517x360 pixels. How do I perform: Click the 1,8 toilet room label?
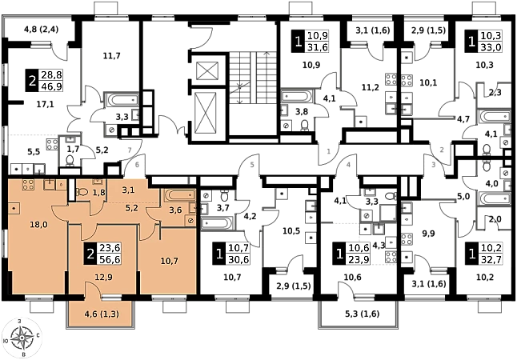[x=98, y=193]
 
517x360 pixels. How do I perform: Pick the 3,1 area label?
[x=128, y=190]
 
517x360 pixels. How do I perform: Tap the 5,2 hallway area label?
[x=132, y=207]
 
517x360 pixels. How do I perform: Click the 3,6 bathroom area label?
[x=174, y=211]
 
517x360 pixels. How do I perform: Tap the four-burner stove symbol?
[x=26, y=186]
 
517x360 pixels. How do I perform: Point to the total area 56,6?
[x=109, y=259]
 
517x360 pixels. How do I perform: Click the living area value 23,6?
[x=109, y=248]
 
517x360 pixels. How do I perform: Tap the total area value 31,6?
[x=318, y=47]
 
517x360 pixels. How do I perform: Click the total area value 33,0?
[x=491, y=47]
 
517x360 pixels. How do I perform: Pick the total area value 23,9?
[x=358, y=260]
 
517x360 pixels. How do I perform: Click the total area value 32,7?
[x=491, y=260]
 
